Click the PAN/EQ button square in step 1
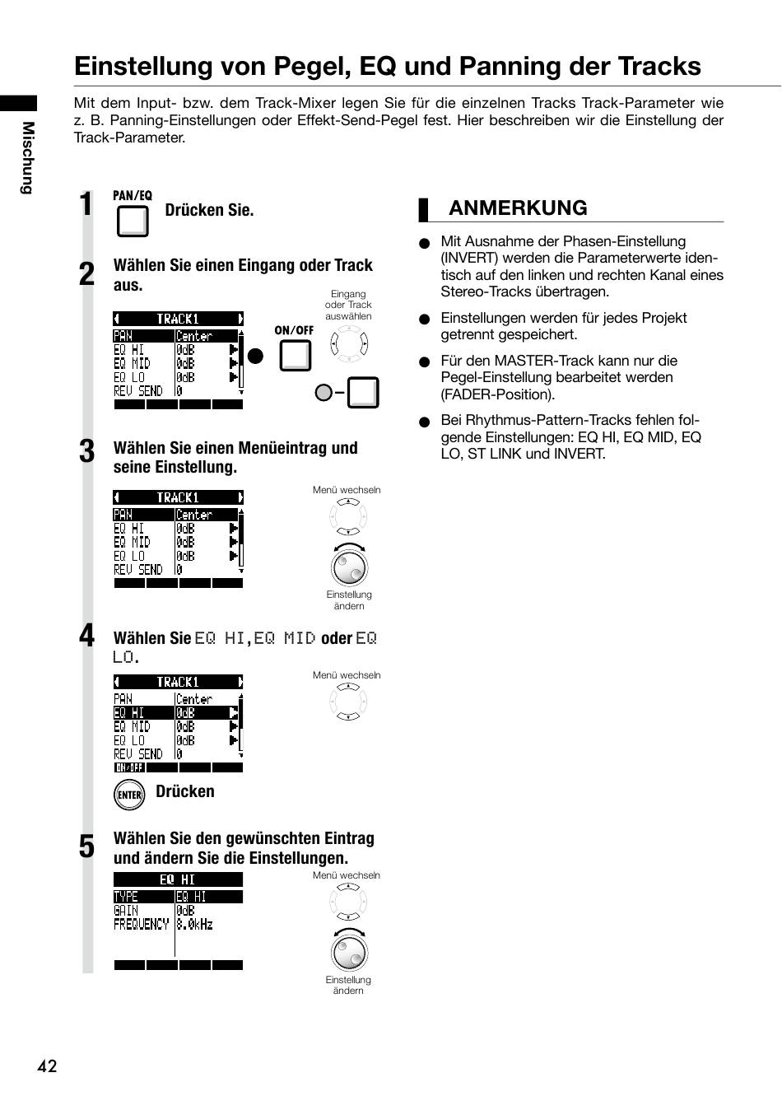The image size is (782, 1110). tap(133, 221)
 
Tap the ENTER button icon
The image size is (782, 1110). tap(129, 795)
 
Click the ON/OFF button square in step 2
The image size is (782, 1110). tap(296, 355)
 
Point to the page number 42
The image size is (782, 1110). tap(47, 1066)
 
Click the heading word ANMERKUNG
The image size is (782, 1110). tap(518, 208)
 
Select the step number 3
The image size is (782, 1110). tap(86, 451)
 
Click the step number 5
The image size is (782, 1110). tap(86, 846)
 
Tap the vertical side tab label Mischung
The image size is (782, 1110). tap(28, 157)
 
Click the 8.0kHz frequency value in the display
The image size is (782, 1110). tap(194, 924)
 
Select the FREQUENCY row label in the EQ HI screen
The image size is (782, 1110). tap(141, 924)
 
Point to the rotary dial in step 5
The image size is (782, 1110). tap(349, 952)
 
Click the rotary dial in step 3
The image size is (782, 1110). tap(349, 567)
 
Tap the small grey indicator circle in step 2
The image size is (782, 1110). tap(324, 393)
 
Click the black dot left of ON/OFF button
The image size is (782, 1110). tap(255, 356)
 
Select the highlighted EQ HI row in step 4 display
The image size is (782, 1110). tap(176, 713)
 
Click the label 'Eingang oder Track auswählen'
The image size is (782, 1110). tap(348, 305)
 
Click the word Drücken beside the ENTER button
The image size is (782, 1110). tap(184, 791)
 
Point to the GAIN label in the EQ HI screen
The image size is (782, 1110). tap(126, 910)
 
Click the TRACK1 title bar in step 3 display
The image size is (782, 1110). tap(179, 497)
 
